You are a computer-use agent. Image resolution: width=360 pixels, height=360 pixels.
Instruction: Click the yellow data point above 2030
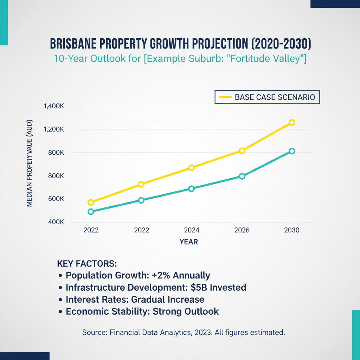tap(291, 122)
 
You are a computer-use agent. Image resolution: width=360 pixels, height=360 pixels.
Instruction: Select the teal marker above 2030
tap(291, 151)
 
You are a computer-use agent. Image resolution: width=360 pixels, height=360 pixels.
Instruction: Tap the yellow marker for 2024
tap(191, 168)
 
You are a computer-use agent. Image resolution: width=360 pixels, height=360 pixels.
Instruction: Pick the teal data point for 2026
tap(242, 176)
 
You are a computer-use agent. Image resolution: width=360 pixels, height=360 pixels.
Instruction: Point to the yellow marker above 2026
tap(242, 151)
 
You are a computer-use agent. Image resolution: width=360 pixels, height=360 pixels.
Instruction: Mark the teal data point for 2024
tap(191, 189)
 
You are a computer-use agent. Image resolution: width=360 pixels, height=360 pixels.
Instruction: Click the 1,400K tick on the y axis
tap(53, 106)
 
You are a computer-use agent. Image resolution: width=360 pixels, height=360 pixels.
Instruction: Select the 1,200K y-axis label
tap(53, 129)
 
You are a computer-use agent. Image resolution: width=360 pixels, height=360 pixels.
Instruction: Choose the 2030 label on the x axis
tap(291, 230)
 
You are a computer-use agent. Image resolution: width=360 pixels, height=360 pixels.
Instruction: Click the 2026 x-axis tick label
tap(242, 230)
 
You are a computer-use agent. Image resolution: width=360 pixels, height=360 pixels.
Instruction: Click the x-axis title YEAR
tap(189, 242)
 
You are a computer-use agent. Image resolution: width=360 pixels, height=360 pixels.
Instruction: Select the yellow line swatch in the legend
tap(225, 97)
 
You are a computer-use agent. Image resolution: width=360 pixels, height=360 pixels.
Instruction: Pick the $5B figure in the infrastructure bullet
tap(199, 287)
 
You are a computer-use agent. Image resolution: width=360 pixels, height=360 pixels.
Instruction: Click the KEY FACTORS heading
tap(86, 263)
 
